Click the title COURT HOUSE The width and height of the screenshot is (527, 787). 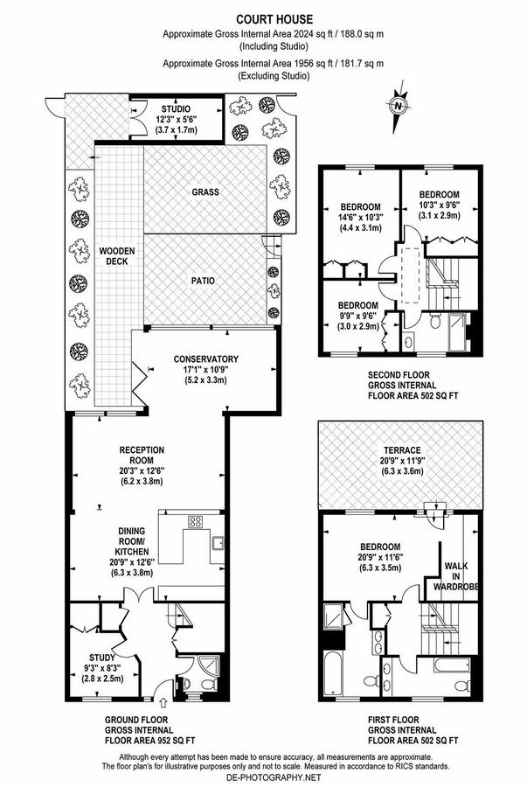click(264, 17)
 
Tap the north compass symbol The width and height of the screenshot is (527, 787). click(399, 107)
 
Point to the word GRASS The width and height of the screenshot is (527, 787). click(205, 191)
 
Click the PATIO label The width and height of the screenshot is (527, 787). click(205, 281)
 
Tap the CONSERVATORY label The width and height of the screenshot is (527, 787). click(206, 359)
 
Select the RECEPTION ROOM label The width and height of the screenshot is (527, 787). click(142, 456)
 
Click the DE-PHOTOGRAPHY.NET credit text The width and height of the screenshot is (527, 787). click(263, 777)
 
